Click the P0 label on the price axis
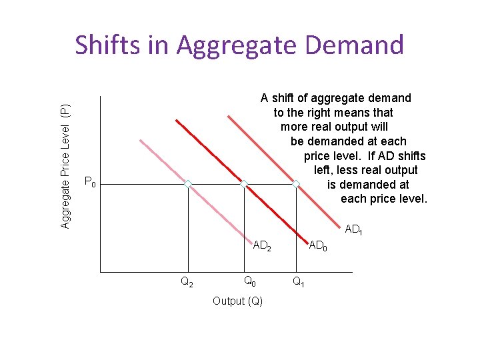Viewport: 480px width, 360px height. click(91, 182)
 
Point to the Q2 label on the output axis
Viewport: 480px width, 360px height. click(187, 282)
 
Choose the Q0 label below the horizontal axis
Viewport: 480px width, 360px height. click(249, 281)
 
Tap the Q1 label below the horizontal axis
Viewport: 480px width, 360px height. click(299, 282)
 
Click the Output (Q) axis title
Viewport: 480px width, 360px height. click(237, 301)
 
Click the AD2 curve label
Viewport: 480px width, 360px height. click(262, 245)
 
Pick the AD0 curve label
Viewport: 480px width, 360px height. click(318, 247)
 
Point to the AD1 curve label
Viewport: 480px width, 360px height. click(353, 230)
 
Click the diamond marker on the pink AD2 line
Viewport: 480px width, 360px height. click(188, 184)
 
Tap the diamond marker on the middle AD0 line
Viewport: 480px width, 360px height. click(244, 184)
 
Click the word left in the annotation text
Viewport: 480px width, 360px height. click(326, 170)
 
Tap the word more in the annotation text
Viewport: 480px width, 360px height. click(294, 127)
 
